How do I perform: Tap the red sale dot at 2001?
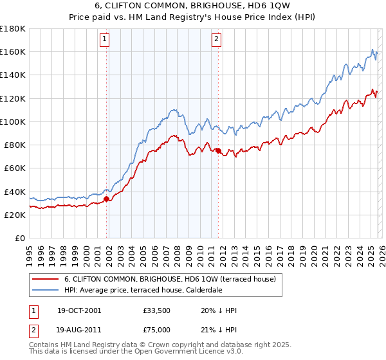[107, 199]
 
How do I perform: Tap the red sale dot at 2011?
[218, 150]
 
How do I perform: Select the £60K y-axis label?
[14, 168]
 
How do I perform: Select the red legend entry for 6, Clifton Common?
[170, 279]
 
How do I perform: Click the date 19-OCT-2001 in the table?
[78, 310]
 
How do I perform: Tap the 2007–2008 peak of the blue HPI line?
[174, 110]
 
